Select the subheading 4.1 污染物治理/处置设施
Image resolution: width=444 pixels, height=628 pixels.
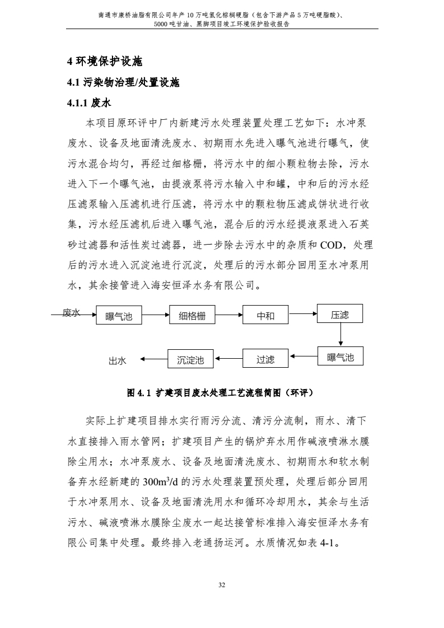point(123,83)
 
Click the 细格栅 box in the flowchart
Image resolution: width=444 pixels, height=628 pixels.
point(192,316)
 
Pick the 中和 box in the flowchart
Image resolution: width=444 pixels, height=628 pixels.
point(265,316)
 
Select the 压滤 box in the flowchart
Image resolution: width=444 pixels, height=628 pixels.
point(340,314)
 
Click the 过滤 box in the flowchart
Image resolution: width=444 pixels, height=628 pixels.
point(265,359)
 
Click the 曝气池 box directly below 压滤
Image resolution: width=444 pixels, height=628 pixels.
point(340,357)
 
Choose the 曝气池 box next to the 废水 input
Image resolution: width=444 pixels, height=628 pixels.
point(119,316)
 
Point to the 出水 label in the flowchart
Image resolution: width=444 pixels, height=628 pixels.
point(117,361)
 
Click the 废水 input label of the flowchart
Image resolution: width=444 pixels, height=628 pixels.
point(71,313)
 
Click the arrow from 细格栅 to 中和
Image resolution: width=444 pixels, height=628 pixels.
point(228,316)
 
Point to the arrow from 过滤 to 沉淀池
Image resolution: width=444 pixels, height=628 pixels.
point(228,359)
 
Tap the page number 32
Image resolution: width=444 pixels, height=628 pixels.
point(222,585)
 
